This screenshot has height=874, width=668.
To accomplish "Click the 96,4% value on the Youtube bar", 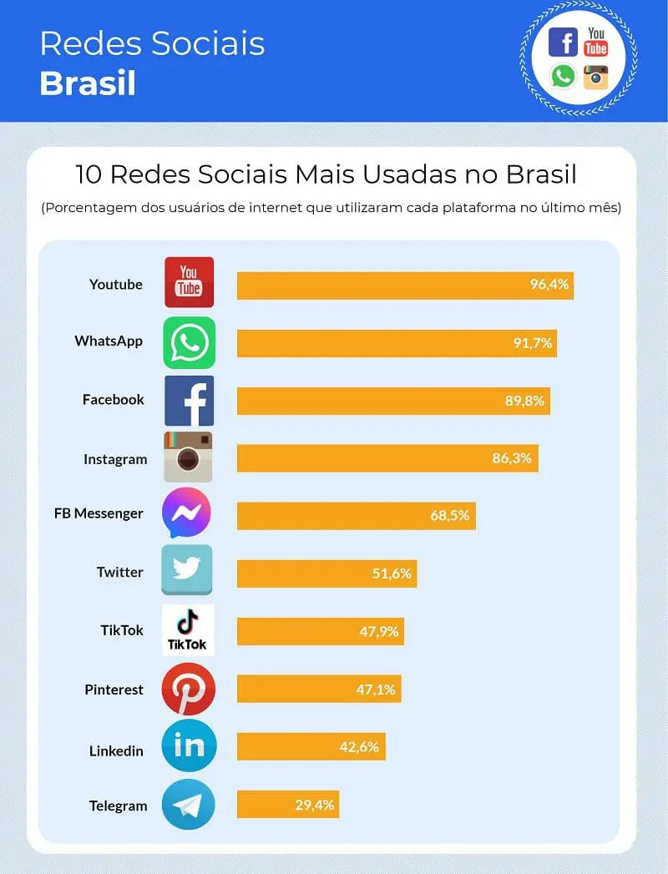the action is (x=549, y=285).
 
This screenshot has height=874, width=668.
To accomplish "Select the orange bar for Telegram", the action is (x=288, y=805).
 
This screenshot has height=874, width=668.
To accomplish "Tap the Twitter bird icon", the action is (x=187, y=569).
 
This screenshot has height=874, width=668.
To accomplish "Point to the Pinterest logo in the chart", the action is (x=188, y=689).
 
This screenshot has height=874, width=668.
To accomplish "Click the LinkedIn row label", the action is (x=116, y=750).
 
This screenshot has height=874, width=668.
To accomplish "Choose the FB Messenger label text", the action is (x=99, y=513).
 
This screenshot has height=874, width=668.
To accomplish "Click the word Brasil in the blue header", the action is (x=88, y=83).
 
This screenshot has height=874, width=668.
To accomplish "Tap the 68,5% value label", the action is (x=449, y=515).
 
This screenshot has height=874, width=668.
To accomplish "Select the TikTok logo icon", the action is (x=188, y=630).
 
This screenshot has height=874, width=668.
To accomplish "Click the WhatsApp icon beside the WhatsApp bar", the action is (x=189, y=343).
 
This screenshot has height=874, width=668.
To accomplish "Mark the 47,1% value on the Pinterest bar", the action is (x=376, y=690).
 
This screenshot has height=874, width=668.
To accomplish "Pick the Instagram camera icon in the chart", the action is (x=188, y=457).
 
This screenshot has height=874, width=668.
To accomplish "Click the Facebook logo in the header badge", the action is (x=563, y=43).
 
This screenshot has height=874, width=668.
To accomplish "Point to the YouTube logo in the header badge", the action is (x=596, y=43).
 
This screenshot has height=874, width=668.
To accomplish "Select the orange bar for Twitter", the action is (x=326, y=573).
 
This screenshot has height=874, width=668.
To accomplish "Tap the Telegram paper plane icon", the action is (x=188, y=805).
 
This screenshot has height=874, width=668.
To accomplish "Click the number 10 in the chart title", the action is (x=89, y=174).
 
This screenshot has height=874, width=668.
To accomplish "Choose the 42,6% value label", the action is (x=359, y=747).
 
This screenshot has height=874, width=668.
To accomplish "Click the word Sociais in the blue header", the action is (x=208, y=43).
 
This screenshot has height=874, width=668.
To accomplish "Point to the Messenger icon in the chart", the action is (x=187, y=513).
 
